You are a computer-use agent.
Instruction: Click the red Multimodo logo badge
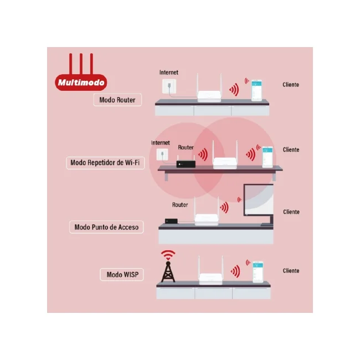pos(81,82)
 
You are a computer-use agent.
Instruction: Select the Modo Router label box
pos(117,100)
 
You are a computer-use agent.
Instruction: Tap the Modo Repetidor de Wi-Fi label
pos(105,163)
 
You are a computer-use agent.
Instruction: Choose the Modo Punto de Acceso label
pos(106,227)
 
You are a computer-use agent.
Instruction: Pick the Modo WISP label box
pos(122,274)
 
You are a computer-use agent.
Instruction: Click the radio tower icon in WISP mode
pos(168,266)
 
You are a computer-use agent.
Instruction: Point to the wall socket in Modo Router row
pos(169,86)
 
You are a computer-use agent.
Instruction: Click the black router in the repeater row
pos(186,163)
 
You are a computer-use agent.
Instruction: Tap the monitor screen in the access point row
pos(259,200)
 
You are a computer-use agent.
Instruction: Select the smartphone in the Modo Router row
pos(256,90)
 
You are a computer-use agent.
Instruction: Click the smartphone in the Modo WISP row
pos(258,271)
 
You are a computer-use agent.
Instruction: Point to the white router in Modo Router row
pos(209,92)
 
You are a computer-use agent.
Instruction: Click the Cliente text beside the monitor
pos(291,212)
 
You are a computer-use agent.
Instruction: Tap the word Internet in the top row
pos(169,73)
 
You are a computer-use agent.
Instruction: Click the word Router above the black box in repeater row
pos(186,147)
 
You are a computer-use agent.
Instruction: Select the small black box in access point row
pos(171,221)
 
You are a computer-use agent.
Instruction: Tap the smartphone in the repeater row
pos(268,157)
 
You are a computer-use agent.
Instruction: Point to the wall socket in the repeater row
pos(162,155)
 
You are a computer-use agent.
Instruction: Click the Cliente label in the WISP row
pos(291,271)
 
